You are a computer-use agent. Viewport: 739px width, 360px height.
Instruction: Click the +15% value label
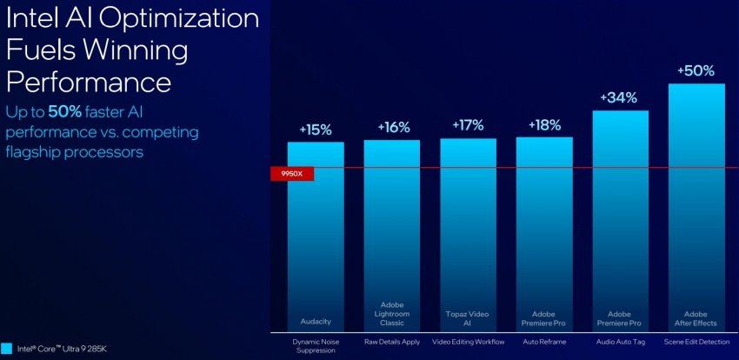[316, 130]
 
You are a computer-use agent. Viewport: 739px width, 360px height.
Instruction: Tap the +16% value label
[393, 127]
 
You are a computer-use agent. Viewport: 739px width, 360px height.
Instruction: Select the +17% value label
[469, 125]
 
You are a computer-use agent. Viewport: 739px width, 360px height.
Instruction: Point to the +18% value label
[544, 124]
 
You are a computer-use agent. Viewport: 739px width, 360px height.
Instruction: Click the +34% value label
[620, 97]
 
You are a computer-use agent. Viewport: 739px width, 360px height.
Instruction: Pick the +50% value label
[696, 70]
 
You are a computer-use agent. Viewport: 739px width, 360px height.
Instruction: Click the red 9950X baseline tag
[291, 174]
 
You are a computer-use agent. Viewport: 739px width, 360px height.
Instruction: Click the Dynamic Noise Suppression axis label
[316, 347]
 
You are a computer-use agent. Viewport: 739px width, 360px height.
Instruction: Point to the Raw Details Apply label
[392, 343]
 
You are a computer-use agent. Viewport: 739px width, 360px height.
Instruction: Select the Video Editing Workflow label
[469, 343]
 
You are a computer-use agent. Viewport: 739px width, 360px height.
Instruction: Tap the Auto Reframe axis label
[544, 343]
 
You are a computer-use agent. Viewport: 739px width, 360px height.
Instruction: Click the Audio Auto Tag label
[620, 343]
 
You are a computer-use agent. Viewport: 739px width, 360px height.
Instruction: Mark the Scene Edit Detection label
[696, 343]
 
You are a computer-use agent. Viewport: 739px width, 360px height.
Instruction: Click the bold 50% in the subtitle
[65, 113]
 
